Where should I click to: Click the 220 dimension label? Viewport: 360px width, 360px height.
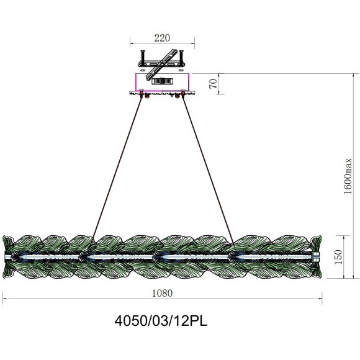click(x=162, y=38)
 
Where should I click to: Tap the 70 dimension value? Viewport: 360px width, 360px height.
click(x=213, y=84)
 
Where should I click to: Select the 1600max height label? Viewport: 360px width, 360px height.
click(x=348, y=176)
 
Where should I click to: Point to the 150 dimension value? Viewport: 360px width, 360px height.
click(x=338, y=257)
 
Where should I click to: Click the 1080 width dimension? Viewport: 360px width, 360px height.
click(x=162, y=293)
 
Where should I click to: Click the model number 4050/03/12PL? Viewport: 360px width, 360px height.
click(x=161, y=321)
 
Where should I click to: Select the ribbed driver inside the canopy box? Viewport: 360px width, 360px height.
click(x=163, y=81)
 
